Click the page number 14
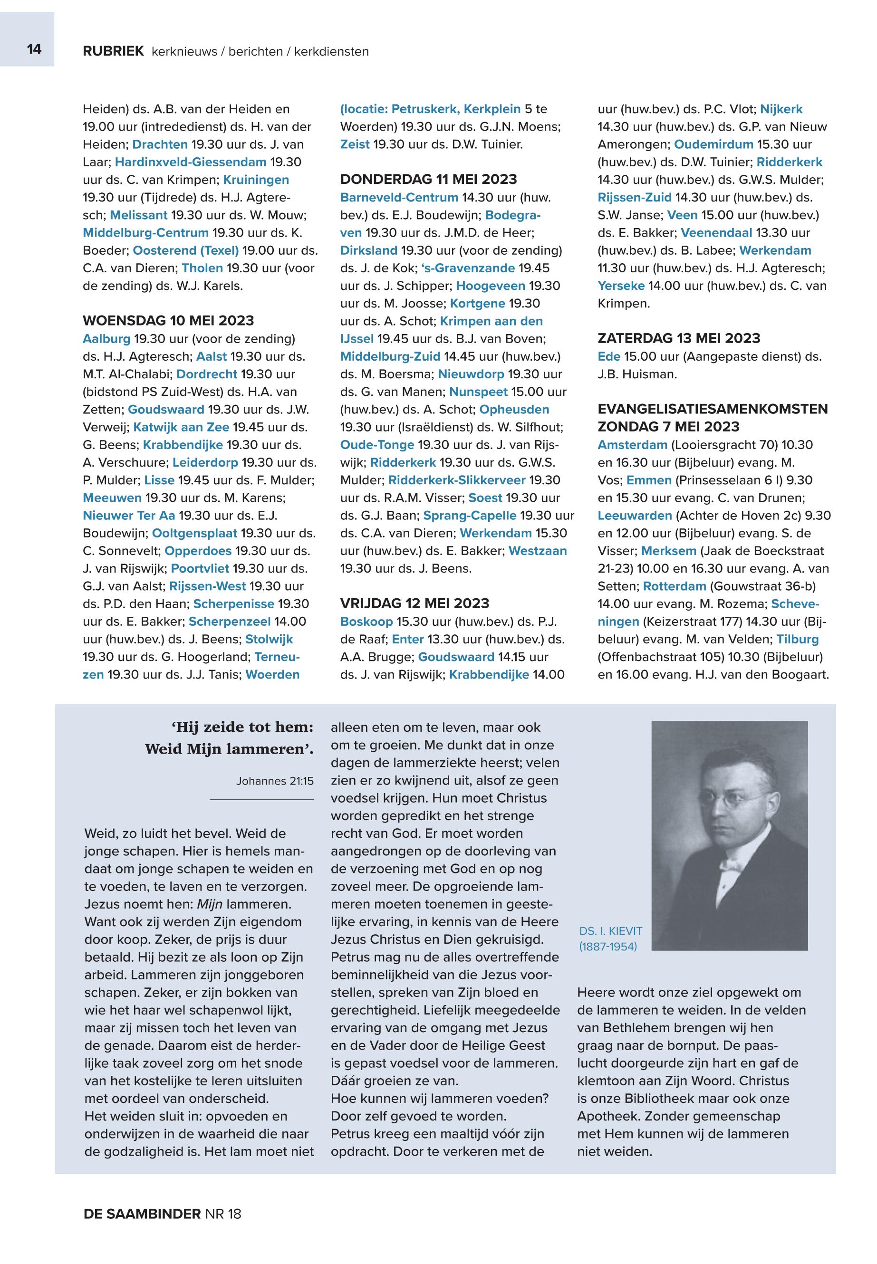pyautogui.click(x=34, y=49)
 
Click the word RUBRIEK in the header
pyautogui.click(x=113, y=51)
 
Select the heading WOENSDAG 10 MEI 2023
pyautogui.click(x=168, y=321)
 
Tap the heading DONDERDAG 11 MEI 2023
pyautogui.click(x=428, y=179)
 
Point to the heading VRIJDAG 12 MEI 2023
pyautogui.click(x=414, y=603)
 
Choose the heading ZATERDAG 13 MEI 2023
pyautogui.click(x=679, y=338)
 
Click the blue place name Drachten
pyautogui.click(x=160, y=144)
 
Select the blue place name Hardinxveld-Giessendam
pyautogui.click(x=190, y=162)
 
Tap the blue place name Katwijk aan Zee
pyautogui.click(x=181, y=427)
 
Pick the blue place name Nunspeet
pyautogui.click(x=478, y=392)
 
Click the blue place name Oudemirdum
pyautogui.click(x=713, y=144)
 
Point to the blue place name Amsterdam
pyautogui.click(x=632, y=444)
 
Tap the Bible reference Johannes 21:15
pyautogui.click(x=274, y=781)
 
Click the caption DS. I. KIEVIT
pyautogui.click(x=610, y=930)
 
